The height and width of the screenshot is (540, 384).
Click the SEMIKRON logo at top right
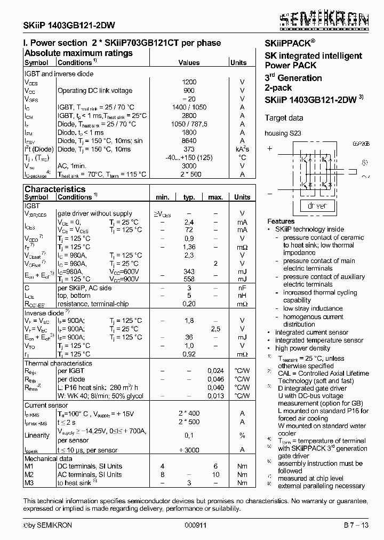point(324,20)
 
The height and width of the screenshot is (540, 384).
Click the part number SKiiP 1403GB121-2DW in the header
point(69,26)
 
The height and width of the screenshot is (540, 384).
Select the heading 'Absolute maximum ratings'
point(78,53)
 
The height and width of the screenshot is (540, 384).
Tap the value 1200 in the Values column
point(189,82)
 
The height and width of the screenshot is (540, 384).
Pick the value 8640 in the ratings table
point(189,141)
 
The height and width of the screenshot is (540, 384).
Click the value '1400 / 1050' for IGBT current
point(189,107)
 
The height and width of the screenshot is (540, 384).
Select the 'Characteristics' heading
point(55,189)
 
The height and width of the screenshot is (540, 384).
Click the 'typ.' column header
point(189,197)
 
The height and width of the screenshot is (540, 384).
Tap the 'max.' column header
point(215,197)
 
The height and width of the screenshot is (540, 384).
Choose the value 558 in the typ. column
point(189,280)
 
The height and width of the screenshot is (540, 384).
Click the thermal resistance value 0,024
point(215,371)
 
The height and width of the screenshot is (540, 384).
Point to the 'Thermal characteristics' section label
point(58,363)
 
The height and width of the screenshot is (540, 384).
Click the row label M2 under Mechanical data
point(29,474)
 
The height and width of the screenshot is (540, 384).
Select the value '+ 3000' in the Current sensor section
point(189,450)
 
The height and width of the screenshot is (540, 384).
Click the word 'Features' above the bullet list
point(281,221)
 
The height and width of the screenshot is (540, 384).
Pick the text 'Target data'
point(284,118)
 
